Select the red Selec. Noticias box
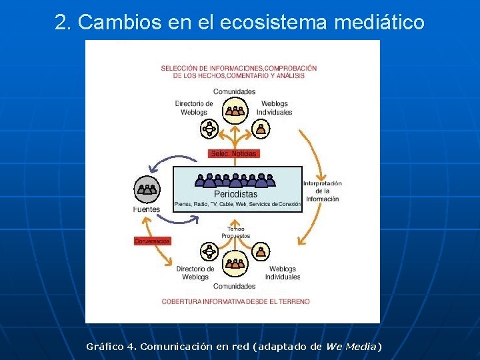pos(234,153)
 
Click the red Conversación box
pos(152,241)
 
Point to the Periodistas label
pos(235,194)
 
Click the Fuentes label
pos(146,209)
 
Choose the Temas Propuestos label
pos(236,232)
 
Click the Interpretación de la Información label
pos(323,191)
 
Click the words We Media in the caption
pos(351,347)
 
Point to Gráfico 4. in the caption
pos(111,347)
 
